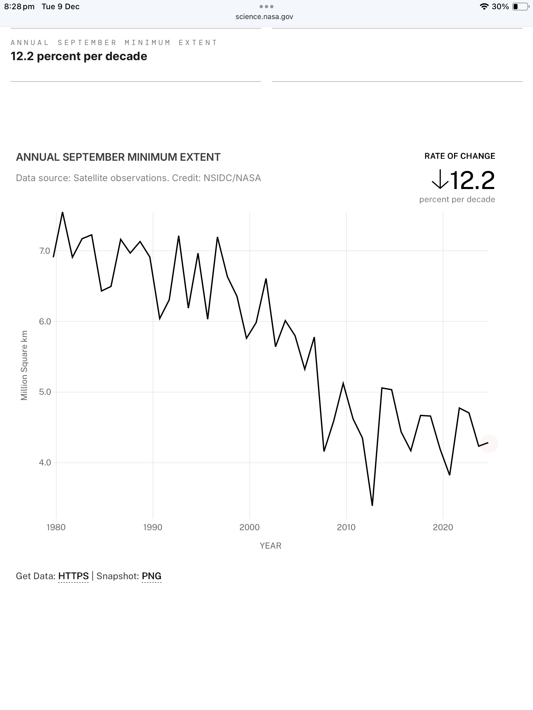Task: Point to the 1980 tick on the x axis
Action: (x=56, y=527)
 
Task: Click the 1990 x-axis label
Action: (x=153, y=527)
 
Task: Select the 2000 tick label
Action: (x=249, y=527)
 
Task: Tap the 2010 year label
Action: (x=346, y=527)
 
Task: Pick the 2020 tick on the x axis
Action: (x=443, y=527)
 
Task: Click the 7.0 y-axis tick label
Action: (x=45, y=251)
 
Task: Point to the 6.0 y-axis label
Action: (x=45, y=321)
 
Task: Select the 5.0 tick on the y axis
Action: (x=45, y=392)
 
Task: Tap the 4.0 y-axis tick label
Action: (x=45, y=463)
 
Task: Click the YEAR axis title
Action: (x=270, y=546)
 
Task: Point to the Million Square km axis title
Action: (x=24, y=366)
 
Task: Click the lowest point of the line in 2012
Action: (x=372, y=505)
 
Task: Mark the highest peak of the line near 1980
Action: (x=63, y=213)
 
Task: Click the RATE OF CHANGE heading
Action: (x=460, y=156)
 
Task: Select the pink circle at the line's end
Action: (x=489, y=443)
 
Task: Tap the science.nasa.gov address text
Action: (x=264, y=17)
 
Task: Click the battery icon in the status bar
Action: (x=520, y=7)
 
